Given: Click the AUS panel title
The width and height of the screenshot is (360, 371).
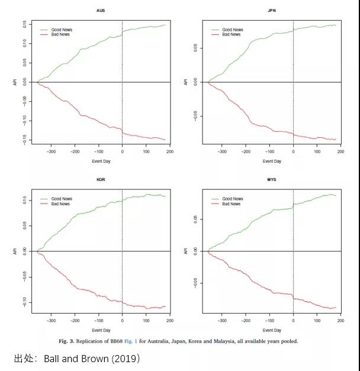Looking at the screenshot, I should click(x=101, y=11).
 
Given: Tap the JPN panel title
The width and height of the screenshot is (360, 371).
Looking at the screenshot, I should click(x=272, y=11).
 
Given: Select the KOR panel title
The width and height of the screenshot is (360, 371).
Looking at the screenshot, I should click(x=101, y=179).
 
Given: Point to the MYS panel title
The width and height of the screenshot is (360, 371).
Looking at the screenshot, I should click(x=272, y=179).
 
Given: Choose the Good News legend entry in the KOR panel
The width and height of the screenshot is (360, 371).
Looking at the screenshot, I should click(x=60, y=199).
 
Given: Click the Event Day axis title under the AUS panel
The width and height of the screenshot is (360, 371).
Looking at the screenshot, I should click(x=101, y=161).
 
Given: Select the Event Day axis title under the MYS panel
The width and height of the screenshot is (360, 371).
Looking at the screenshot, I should click(x=272, y=330).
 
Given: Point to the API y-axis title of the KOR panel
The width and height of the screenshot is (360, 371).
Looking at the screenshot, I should click(x=15, y=251).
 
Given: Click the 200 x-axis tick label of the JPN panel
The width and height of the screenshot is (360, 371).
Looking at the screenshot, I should click(x=340, y=152).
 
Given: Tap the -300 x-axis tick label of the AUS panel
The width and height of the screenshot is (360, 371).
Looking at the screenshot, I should click(x=51, y=152).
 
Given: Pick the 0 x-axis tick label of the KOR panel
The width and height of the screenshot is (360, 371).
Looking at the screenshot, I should click(x=122, y=321).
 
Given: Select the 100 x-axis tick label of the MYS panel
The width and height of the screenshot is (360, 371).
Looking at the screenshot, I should click(x=317, y=321).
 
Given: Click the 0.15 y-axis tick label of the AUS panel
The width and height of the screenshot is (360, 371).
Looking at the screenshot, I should click(x=25, y=25).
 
